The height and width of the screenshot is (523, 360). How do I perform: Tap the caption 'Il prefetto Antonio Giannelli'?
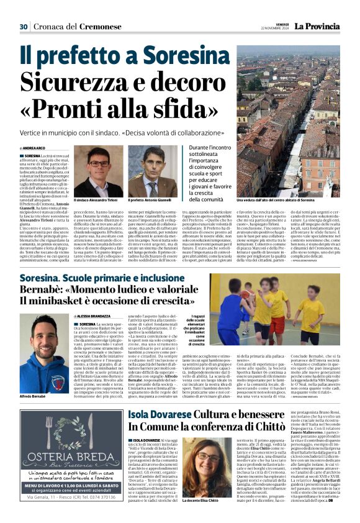click(x=153, y=201)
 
